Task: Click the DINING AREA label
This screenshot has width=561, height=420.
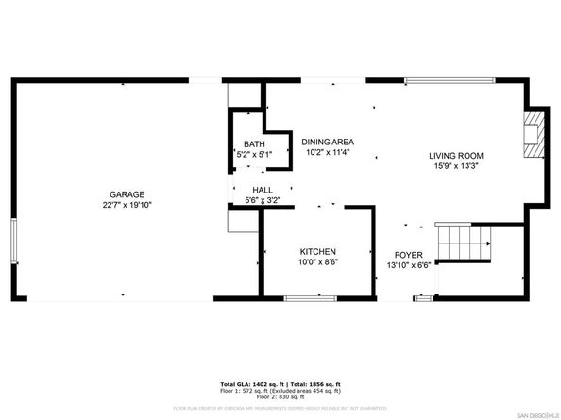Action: [328, 141]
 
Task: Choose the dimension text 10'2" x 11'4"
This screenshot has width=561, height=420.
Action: [328, 151]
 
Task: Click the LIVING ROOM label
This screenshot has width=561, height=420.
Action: [456, 156]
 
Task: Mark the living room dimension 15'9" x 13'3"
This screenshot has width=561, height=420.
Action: [456, 166]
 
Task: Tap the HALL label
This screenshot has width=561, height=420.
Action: [249, 190]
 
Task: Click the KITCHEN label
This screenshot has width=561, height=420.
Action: [318, 251]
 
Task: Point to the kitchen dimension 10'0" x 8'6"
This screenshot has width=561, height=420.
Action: [318, 262]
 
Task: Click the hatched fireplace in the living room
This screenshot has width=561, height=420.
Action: [535, 135]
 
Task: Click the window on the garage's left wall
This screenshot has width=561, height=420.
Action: [13, 242]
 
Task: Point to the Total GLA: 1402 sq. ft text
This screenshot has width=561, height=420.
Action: [248, 386]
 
